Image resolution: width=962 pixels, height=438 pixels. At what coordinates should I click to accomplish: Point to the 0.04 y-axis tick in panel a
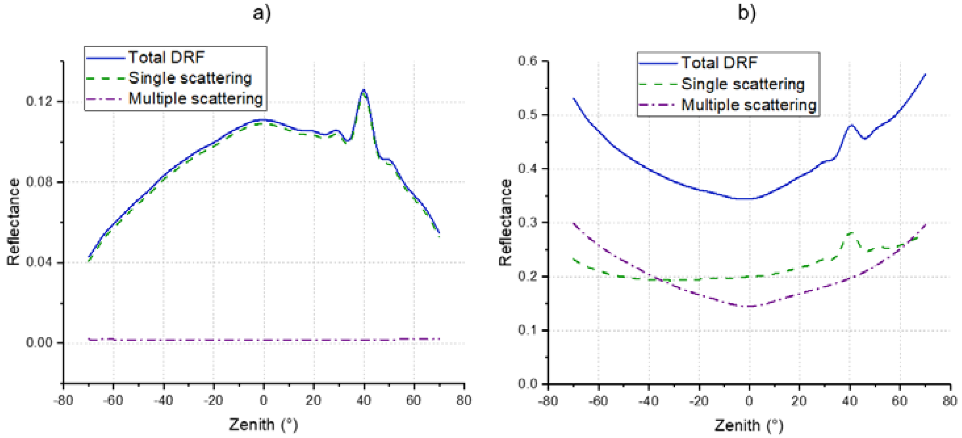[39, 262]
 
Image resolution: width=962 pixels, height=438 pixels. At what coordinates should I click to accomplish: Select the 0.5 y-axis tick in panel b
[527, 115]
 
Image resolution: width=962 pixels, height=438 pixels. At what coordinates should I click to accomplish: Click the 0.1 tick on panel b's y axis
[527, 330]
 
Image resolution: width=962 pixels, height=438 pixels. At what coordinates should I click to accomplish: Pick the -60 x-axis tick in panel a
[113, 401]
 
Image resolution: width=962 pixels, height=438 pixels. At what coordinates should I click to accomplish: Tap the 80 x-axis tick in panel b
[950, 401]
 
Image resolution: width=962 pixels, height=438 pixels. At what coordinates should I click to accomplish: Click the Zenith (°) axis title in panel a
[263, 425]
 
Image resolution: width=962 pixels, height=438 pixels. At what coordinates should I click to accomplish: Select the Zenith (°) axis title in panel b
[749, 425]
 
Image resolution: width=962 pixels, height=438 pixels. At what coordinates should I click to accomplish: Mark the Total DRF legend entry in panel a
[166, 57]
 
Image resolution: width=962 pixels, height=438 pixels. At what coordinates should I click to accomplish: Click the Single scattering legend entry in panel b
[742, 84]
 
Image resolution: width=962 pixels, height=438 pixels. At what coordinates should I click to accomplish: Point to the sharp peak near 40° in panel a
[363, 90]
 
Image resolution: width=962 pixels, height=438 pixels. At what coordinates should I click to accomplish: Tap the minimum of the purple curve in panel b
[749, 306]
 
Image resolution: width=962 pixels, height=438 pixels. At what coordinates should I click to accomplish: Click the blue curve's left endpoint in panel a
[89, 257]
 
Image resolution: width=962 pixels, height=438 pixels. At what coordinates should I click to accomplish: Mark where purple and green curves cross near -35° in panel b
[659, 280]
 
